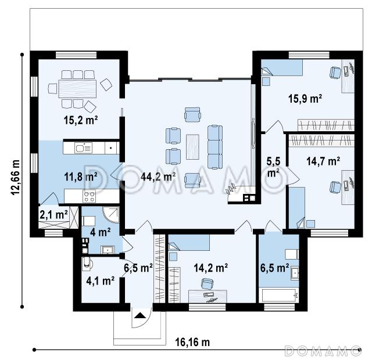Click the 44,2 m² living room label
[x=158, y=177]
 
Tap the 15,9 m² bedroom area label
[x=305, y=99]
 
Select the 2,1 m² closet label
[x=54, y=215]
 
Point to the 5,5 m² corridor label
[x=273, y=167]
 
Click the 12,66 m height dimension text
[x=16, y=178]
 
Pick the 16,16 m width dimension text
[x=192, y=342]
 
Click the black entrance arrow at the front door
[x=140, y=315]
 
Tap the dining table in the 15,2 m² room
[x=77, y=89]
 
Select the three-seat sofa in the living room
[x=215, y=147]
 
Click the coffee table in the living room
[x=192, y=147]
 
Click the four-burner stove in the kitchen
[x=90, y=196]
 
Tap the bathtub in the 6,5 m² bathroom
[x=279, y=296]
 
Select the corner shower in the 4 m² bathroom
[x=111, y=215]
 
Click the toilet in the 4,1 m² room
[x=86, y=264]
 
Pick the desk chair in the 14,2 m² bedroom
[x=207, y=283]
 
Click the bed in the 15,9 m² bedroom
[x=282, y=67]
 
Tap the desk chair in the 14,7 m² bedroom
[x=335, y=187]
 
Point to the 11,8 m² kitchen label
[x=81, y=177]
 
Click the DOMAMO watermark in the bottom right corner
[x=323, y=351]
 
